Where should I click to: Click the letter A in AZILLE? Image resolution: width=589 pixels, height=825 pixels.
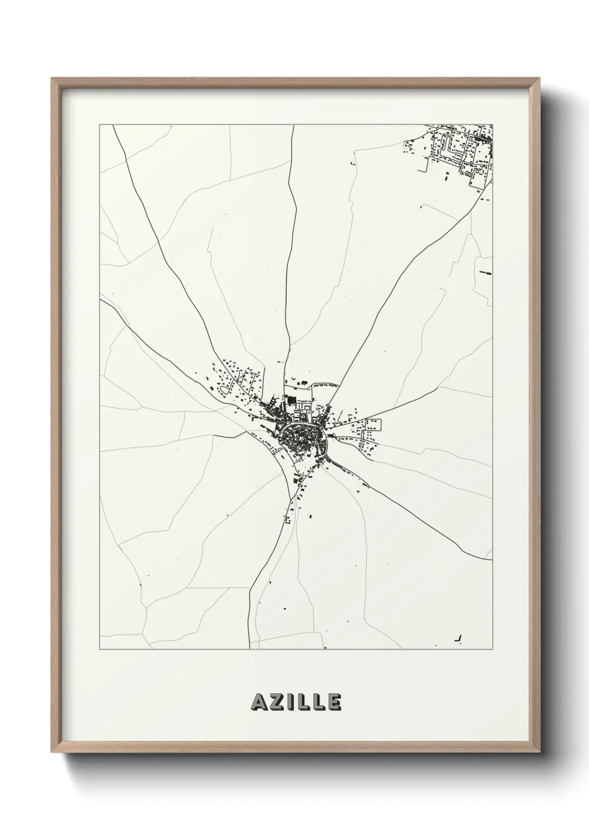coord(259,702)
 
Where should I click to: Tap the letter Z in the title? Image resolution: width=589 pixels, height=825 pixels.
coord(277,702)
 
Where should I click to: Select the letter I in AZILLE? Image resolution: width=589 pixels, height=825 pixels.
coord(291,702)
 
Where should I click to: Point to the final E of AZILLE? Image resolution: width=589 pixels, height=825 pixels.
coord(333,702)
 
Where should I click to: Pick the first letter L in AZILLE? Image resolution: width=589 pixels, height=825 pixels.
coord(303,702)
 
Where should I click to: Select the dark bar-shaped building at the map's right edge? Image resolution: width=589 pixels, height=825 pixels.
coord(486,273)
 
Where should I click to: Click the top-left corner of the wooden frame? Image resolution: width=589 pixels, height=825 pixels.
coord(52,79)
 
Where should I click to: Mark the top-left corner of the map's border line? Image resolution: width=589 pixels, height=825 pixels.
coord(100,125)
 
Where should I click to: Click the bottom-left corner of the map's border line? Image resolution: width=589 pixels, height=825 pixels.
coord(100,649)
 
